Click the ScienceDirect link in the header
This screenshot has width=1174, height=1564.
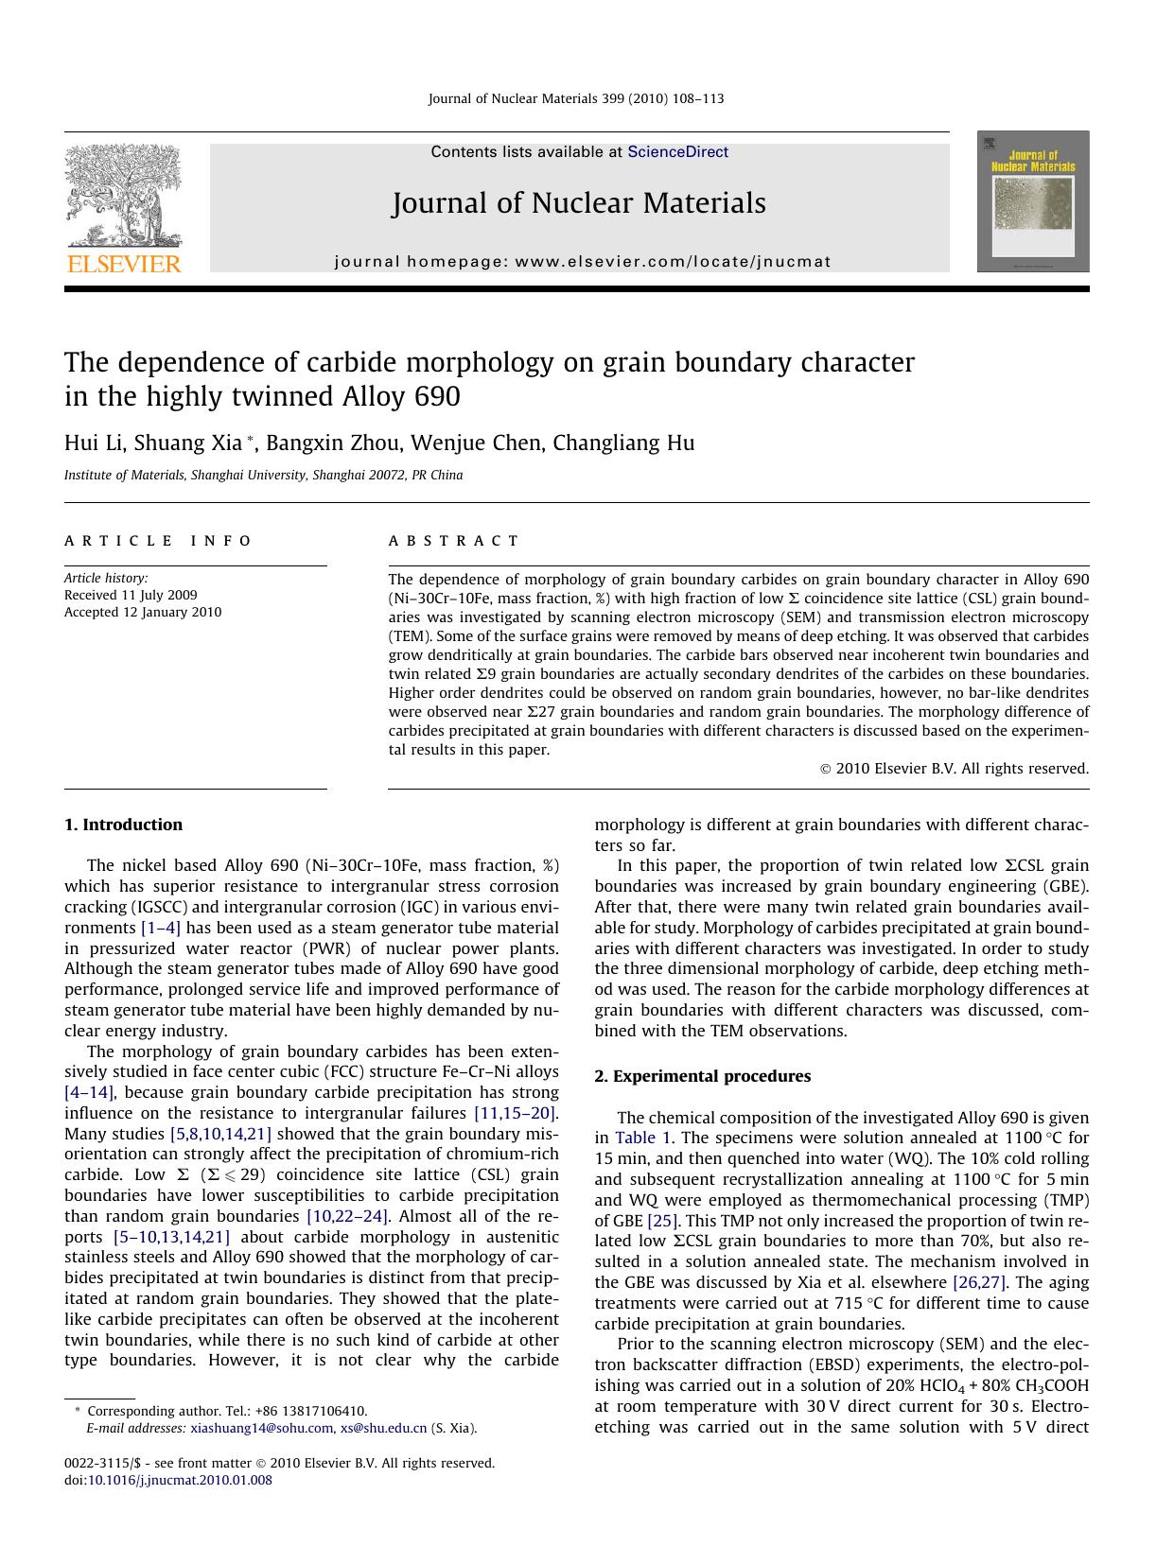pos(677,152)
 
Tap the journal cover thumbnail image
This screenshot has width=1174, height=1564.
pos(1033,201)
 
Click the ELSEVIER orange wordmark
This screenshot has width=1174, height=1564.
pos(123,264)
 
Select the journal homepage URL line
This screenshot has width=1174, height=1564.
pos(583,262)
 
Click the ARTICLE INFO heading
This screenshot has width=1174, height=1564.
pos(158,541)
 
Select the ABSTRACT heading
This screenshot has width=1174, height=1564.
pos(453,541)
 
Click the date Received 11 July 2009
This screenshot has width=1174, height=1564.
pos(131,595)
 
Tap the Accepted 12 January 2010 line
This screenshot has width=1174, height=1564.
pos(143,612)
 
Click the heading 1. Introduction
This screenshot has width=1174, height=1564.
pos(123,825)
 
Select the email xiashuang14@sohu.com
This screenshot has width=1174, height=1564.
pos(261,1428)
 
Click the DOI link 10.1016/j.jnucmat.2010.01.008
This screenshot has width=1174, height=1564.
pos(180,1480)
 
